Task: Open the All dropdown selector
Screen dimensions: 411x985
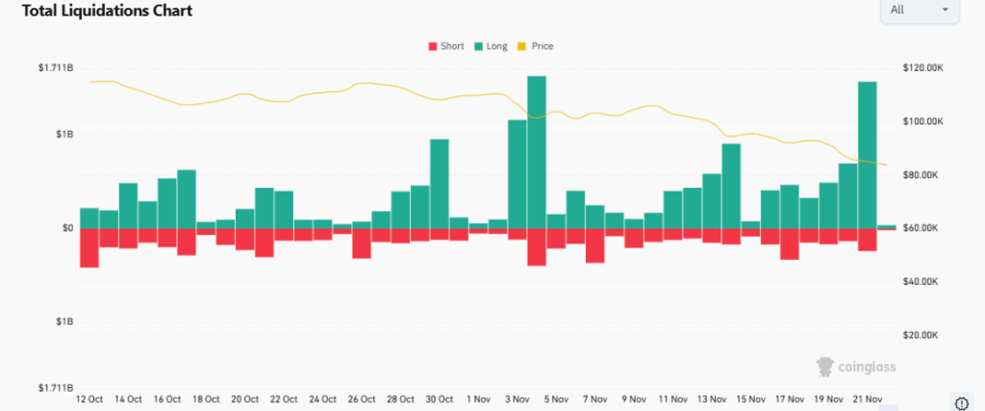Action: coord(919,10)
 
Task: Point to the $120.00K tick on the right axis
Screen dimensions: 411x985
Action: coord(924,68)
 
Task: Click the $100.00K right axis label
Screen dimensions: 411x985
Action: coord(924,122)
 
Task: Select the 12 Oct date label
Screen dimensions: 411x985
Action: coord(88,399)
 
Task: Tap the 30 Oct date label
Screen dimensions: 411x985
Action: coord(439,399)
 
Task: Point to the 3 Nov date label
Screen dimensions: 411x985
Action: coord(517,399)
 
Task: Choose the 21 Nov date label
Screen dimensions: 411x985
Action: coord(867,399)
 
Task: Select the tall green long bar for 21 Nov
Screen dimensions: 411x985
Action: coord(867,155)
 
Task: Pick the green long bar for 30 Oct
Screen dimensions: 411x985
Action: coord(440,184)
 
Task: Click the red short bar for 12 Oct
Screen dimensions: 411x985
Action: coord(89,247)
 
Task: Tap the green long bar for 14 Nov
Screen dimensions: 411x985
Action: coord(731,186)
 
